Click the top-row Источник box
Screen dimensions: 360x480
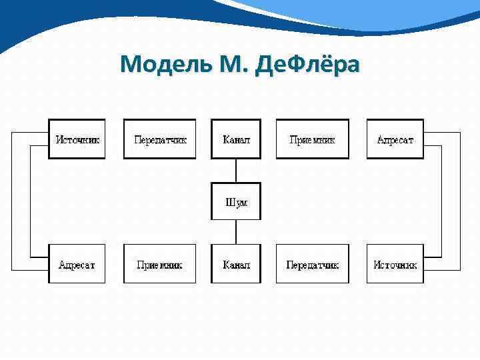(x=77, y=139)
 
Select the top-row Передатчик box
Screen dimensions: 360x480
(x=160, y=139)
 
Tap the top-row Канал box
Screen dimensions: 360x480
(x=236, y=139)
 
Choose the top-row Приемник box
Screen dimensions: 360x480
(x=312, y=139)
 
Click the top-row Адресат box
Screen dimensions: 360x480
(x=395, y=139)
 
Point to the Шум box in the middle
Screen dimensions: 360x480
(x=236, y=201)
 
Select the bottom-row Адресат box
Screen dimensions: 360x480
(x=77, y=264)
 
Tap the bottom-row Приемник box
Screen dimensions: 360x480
(x=160, y=264)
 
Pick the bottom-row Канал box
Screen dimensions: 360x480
(x=236, y=264)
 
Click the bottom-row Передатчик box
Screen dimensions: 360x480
(x=312, y=264)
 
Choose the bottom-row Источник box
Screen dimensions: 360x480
(x=395, y=264)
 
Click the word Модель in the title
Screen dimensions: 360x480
(x=162, y=64)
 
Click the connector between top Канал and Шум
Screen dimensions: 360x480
(x=236, y=170)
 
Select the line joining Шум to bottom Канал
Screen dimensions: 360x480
(x=236, y=232)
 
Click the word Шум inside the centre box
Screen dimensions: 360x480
(x=236, y=202)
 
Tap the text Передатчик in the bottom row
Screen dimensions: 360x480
(x=312, y=265)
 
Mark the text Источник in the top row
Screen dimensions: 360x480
(x=77, y=140)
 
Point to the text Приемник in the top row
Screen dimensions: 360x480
(x=312, y=140)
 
